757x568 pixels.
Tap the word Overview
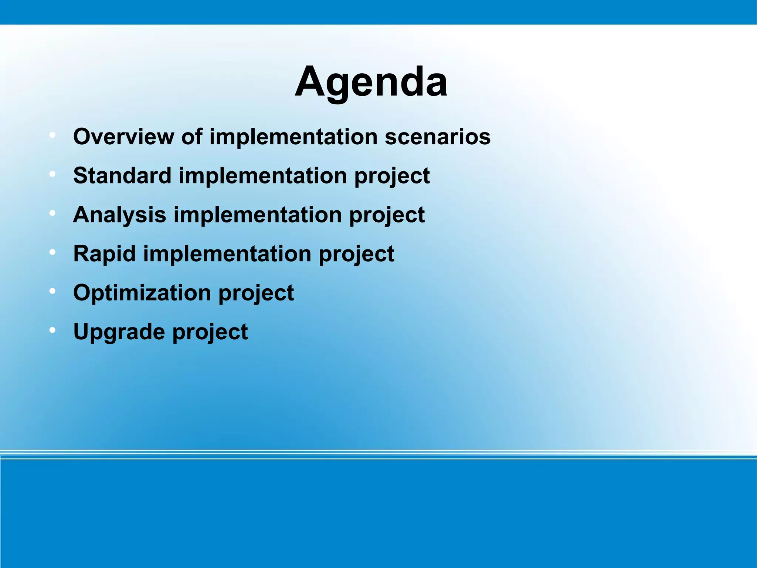(x=123, y=137)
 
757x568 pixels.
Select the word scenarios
(x=437, y=137)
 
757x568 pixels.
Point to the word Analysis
(x=119, y=215)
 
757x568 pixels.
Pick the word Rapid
(x=105, y=254)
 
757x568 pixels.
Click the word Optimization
(x=142, y=293)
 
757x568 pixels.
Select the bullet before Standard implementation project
(x=52, y=174)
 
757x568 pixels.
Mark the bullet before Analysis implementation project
(x=52, y=213)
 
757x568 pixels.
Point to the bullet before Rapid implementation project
(x=52, y=252)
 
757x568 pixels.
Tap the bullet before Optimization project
(x=52, y=291)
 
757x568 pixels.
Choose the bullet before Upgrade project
(x=52, y=330)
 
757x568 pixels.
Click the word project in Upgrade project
(x=210, y=332)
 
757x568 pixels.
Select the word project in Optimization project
(x=256, y=293)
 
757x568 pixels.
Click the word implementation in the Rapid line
(x=227, y=254)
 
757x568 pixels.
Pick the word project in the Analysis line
(x=387, y=215)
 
